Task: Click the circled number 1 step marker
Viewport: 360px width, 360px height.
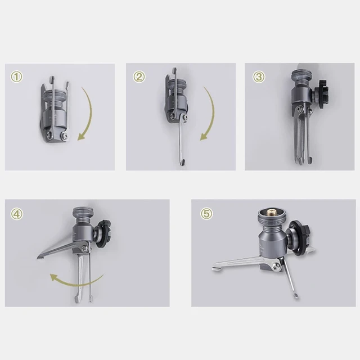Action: tap(18, 77)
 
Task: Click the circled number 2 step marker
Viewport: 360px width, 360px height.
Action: tap(138, 77)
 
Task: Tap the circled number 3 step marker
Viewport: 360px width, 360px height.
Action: tap(258, 77)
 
